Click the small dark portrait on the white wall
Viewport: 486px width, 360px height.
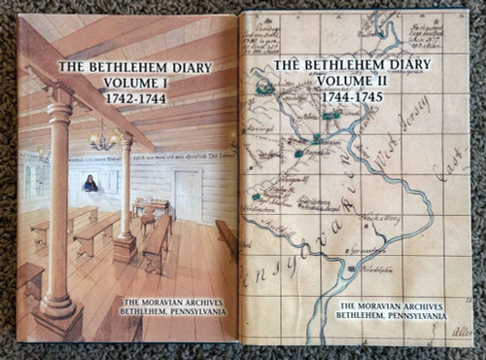pyautogui.click(x=90, y=182)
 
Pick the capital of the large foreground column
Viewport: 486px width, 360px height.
pyautogui.click(x=60, y=100)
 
